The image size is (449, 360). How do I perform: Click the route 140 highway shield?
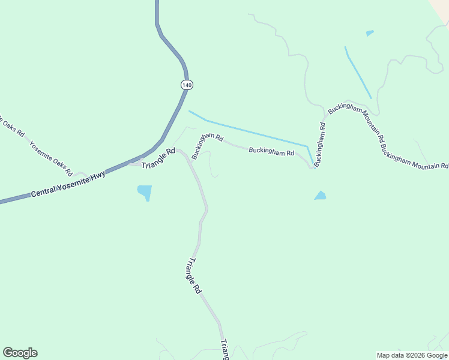187,85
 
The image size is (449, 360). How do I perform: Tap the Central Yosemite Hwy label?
68,183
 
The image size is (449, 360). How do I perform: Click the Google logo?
20,353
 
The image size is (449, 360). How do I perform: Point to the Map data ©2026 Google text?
412,355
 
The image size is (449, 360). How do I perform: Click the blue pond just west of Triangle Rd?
145,192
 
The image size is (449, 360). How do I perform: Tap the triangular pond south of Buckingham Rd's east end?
320,196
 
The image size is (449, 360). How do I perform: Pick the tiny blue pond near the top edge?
369,33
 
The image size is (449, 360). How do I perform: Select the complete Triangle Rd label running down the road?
194,276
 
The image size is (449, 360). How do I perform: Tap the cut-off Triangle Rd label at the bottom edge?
224,349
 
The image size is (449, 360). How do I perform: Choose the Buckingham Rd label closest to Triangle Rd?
206,145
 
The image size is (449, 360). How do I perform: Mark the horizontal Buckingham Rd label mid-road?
271,152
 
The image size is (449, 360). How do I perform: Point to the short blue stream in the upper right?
358,72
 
